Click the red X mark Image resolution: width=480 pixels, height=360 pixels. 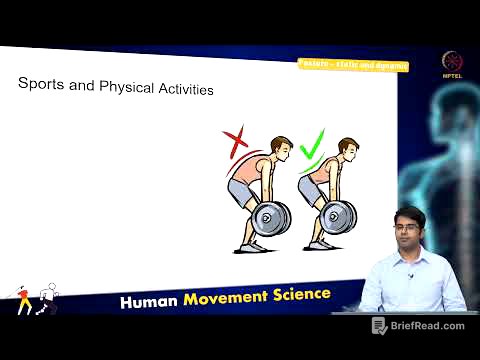coord(237,141)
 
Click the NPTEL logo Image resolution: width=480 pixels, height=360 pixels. coord(452,61)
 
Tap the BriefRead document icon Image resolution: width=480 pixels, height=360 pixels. coord(379,326)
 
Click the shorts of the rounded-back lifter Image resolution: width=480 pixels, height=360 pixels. coord(243,190)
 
